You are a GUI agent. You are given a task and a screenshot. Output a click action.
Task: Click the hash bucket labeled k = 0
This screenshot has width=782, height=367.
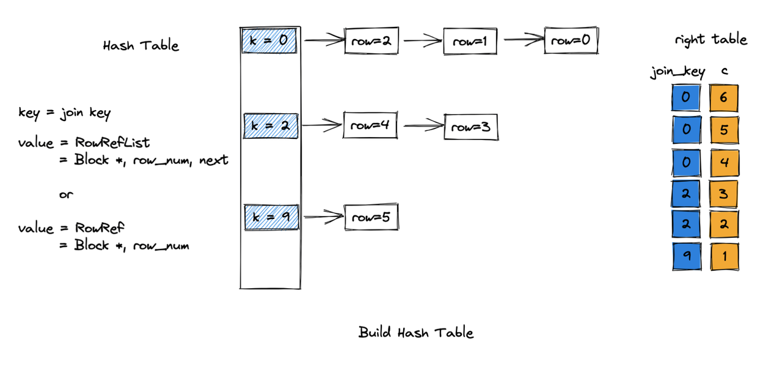tap(269, 41)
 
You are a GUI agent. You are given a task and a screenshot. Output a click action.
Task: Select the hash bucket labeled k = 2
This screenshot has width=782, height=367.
tap(271, 126)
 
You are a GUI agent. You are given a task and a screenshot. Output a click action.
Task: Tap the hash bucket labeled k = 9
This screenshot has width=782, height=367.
tap(272, 217)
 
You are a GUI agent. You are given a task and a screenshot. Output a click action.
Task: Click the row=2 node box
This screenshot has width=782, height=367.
tap(371, 41)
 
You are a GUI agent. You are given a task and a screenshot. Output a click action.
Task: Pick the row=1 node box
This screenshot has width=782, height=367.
tap(470, 42)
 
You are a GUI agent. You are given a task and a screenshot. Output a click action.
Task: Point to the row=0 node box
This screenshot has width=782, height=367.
tap(571, 40)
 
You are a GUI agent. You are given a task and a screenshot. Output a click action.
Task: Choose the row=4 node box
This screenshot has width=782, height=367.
tap(370, 125)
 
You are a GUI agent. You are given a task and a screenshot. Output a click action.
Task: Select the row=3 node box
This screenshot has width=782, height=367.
tap(471, 127)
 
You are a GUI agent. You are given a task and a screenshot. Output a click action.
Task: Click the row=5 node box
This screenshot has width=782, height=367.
tap(371, 217)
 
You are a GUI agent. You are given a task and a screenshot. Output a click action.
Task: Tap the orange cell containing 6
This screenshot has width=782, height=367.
tap(724, 98)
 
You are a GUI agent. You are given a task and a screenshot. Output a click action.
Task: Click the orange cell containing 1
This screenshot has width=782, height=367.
tap(725, 256)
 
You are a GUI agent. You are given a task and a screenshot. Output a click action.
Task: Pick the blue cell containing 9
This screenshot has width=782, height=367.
tap(687, 256)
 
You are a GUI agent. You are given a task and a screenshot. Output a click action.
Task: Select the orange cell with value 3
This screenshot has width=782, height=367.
tap(723, 194)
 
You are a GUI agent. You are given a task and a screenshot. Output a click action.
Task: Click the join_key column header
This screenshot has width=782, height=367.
tap(678, 72)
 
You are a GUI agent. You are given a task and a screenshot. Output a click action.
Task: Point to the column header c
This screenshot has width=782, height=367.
tap(725, 71)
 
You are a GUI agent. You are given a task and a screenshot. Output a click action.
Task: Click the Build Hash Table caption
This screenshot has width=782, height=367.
tap(416, 332)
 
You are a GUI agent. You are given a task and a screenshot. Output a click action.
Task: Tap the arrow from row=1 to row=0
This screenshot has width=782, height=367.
tap(524, 39)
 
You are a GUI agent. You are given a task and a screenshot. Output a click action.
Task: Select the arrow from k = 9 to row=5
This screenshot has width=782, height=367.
tap(324, 217)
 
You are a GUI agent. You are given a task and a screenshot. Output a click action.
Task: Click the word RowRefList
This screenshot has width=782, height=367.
tap(112, 143)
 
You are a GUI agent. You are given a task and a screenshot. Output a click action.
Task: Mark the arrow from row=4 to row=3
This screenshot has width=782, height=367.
tap(424, 125)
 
